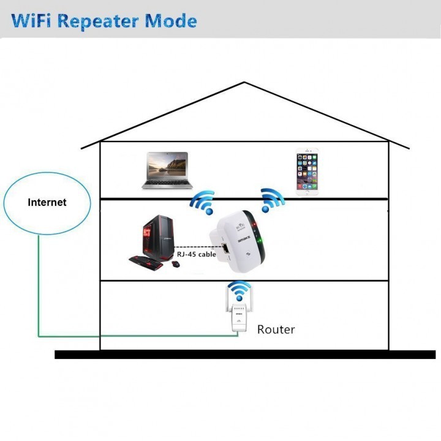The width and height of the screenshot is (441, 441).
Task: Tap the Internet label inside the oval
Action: click(x=47, y=202)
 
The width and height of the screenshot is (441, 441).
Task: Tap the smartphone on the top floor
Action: click(x=307, y=171)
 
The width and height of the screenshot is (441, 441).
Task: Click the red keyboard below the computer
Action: click(x=146, y=263)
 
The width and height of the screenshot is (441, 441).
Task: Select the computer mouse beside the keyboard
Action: click(x=176, y=264)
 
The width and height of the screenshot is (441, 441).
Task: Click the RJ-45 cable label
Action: click(x=197, y=254)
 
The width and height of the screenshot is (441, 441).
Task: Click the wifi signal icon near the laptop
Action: click(x=202, y=203)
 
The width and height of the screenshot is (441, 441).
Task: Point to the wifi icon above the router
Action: click(x=239, y=290)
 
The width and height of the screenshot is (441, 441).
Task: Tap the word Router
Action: click(x=276, y=330)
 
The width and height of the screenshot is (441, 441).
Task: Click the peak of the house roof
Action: click(x=245, y=82)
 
